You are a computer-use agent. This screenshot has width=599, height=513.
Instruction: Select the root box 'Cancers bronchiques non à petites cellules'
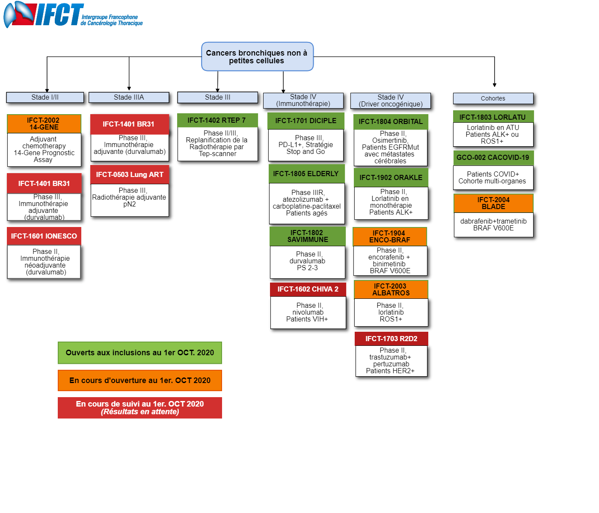pyautogui.click(x=257, y=56)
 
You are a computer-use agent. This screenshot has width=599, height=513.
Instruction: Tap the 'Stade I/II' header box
pyautogui.click(x=45, y=97)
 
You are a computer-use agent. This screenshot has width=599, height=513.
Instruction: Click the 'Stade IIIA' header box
pyautogui.click(x=129, y=97)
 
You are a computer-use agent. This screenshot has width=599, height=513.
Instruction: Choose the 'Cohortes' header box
pyautogui.click(x=493, y=98)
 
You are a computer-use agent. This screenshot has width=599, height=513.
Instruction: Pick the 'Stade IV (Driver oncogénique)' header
pyautogui.click(x=390, y=100)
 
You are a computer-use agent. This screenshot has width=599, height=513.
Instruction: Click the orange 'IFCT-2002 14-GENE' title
pyautogui.click(x=44, y=124)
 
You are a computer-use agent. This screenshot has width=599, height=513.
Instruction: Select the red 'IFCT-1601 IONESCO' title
pyautogui.click(x=44, y=236)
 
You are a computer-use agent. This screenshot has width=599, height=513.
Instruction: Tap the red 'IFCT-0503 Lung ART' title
pyautogui.click(x=130, y=174)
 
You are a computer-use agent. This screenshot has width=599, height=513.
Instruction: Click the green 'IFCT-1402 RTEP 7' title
pyautogui.click(x=217, y=120)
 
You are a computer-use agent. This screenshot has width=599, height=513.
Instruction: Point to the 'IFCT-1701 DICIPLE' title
pyautogui.click(x=306, y=121)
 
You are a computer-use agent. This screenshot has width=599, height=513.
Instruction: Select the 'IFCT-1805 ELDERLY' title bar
pyautogui.click(x=307, y=174)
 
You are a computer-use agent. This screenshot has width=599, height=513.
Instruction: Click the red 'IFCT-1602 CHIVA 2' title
pyautogui.click(x=308, y=289)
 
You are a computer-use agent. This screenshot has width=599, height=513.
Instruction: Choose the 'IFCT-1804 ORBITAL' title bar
pyautogui.click(x=390, y=121)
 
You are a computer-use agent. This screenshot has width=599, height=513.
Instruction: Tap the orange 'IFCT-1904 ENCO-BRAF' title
pyautogui.click(x=390, y=236)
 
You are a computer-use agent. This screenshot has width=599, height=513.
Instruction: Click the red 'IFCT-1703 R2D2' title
pyautogui.click(x=391, y=339)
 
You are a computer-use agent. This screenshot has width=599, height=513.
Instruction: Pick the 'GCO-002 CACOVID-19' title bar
pyautogui.click(x=493, y=158)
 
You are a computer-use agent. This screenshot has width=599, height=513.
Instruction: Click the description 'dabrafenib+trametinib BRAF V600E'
pyautogui.click(x=493, y=225)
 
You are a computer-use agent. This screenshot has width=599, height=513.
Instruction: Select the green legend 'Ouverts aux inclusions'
pyautogui.click(x=139, y=353)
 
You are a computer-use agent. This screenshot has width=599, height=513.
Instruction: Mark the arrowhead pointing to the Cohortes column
pyautogui.click(x=494, y=85)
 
